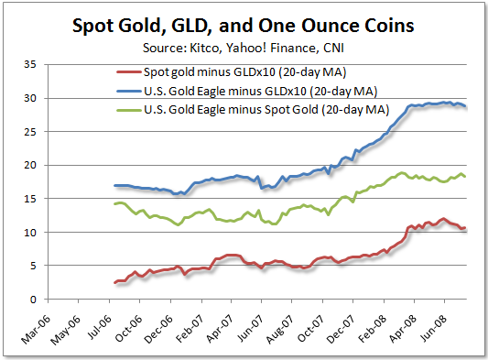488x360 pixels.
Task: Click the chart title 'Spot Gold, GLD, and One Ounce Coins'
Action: coord(244,27)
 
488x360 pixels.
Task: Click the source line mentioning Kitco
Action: coord(244,47)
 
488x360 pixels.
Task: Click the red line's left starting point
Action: coord(114,283)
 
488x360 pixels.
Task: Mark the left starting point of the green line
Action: coord(114,203)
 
